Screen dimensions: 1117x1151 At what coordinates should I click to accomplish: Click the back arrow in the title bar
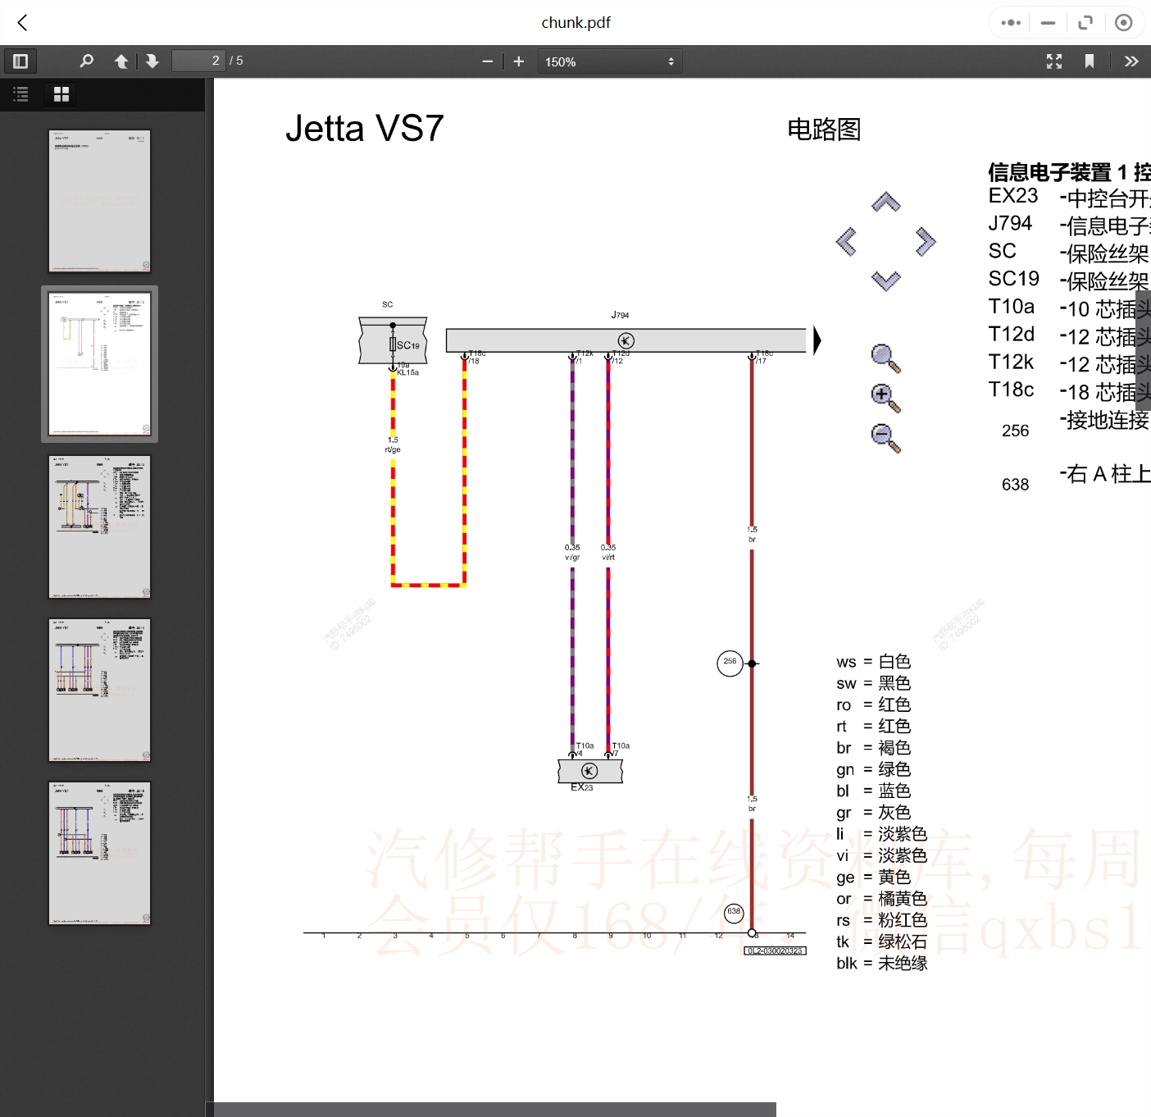coord(23,23)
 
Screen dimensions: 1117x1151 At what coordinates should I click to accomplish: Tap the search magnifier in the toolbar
coord(86,61)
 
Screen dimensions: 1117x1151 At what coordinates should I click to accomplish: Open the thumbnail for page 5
coord(99,853)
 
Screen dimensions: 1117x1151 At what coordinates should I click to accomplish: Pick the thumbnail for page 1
coord(99,201)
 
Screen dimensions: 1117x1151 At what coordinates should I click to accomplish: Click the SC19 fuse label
coord(407,345)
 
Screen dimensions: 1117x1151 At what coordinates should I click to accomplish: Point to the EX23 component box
coord(589,771)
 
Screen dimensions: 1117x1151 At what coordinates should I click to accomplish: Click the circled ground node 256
coord(730,663)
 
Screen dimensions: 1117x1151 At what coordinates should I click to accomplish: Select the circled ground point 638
coord(734,912)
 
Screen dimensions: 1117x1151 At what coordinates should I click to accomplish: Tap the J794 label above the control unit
coord(620,315)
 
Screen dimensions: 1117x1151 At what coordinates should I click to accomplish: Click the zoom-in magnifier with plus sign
coord(885,398)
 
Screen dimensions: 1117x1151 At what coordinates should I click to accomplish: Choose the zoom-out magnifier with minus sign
coord(885,437)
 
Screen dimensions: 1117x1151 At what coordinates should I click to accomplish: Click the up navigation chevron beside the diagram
coord(885,203)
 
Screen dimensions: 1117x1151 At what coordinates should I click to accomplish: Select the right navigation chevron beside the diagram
coord(926,241)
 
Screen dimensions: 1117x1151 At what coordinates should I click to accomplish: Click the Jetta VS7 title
coord(364,129)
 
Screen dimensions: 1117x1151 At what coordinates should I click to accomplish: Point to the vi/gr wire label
coord(572,558)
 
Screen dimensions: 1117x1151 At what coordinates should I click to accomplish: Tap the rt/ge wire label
coord(393,449)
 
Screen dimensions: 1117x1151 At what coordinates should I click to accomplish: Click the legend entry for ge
coord(873,878)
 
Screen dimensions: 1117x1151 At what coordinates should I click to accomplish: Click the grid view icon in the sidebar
coord(61,94)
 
